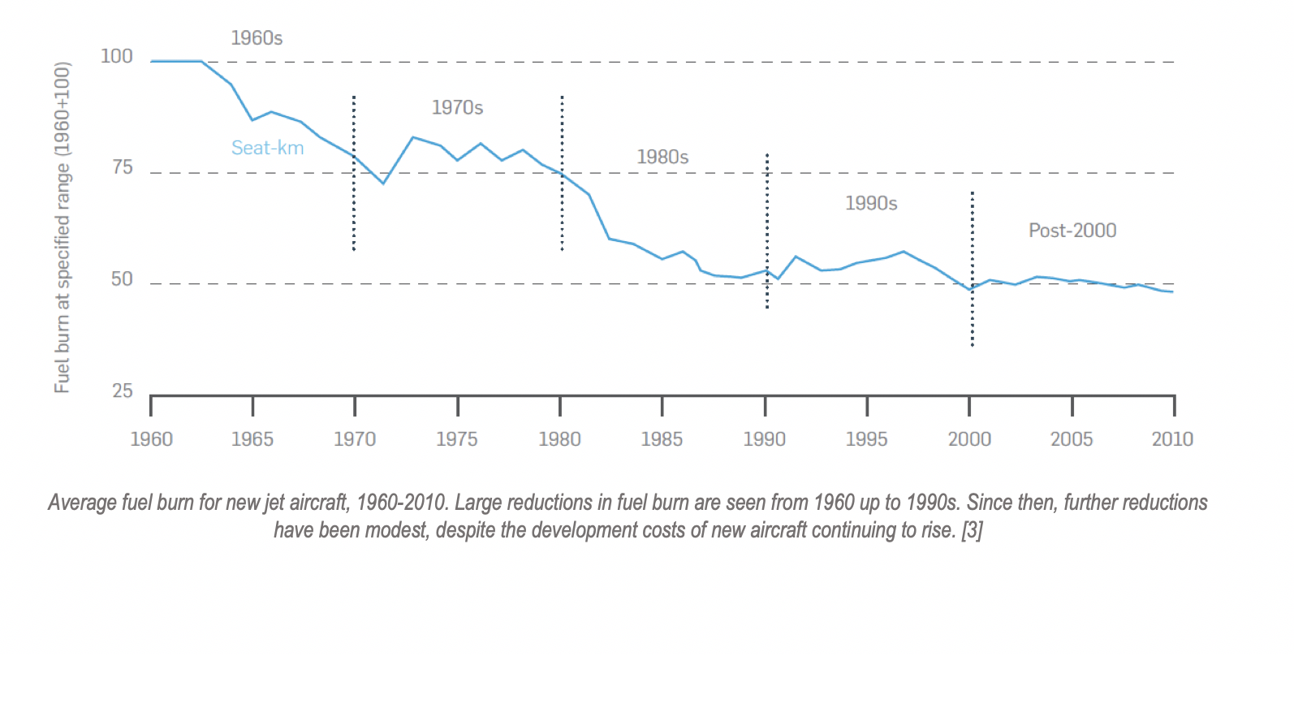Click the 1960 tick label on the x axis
coord(152,439)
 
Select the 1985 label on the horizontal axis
coord(662,439)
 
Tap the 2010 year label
coord(1172,439)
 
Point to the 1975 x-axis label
coord(457,439)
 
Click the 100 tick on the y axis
coord(116,56)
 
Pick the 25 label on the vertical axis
coord(123,391)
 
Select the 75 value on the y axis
coord(123,168)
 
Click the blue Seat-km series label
coord(267,148)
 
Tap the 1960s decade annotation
coord(257,38)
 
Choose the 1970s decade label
coord(457,108)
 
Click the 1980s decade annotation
coord(662,157)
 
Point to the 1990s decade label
coord(871,203)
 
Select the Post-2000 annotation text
coord(1072,231)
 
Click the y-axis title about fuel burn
coord(63,227)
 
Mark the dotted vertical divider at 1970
coord(354,173)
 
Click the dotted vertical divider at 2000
coord(972,269)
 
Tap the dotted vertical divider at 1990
coord(767,231)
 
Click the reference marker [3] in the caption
coord(972,530)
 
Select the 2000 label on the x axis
coord(969,439)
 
